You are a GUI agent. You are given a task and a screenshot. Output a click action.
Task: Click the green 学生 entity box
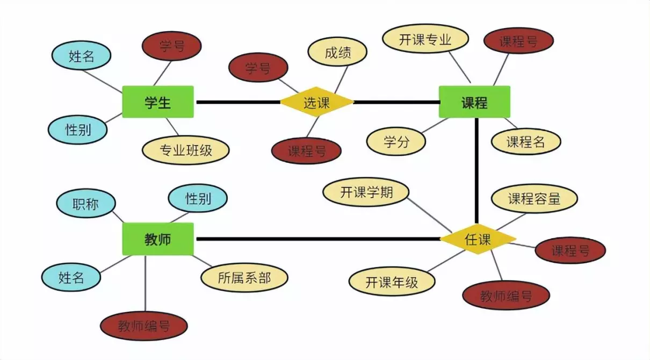[x=157, y=102]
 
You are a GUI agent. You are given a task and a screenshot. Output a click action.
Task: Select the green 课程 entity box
[x=474, y=102]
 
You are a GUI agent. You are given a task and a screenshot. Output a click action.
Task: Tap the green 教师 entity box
[x=157, y=239]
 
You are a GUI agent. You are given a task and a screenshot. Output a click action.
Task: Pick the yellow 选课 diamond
[x=316, y=102]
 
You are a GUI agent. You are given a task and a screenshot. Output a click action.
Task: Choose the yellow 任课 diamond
[x=478, y=239]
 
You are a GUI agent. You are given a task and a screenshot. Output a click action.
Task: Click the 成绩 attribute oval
[x=337, y=53]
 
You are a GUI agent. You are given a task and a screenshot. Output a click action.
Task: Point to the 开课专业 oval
[x=425, y=40]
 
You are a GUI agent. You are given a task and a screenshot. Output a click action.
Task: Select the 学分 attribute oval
[x=396, y=141]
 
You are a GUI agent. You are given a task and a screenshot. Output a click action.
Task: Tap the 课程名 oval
[x=526, y=141]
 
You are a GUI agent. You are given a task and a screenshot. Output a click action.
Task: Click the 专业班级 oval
[x=186, y=150]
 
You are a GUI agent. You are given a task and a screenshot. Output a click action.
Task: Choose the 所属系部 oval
[x=244, y=277]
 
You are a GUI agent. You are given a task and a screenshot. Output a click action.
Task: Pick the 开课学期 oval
[x=366, y=192]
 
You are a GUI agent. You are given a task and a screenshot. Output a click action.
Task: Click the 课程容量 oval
[x=535, y=198]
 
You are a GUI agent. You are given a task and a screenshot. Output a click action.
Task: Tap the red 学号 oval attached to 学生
[x=172, y=46]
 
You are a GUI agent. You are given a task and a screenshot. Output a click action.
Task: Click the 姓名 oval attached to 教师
[x=71, y=277]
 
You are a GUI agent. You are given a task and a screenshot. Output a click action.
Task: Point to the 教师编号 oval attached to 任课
[x=506, y=296]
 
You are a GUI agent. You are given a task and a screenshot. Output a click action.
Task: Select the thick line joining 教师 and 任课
[x=317, y=239]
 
